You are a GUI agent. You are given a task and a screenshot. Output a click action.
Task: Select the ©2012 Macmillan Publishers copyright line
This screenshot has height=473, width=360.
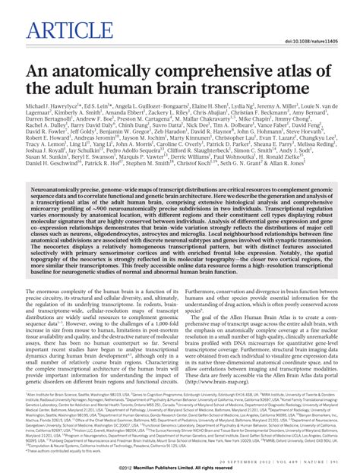click(x=179, y=468)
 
